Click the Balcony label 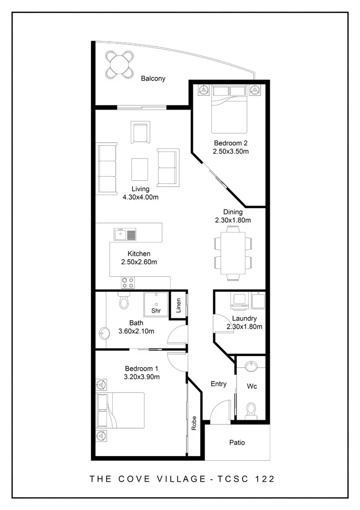(x=153, y=79)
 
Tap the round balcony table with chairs (x=119, y=64)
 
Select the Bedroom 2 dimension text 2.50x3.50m (x=231, y=152)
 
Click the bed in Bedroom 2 (x=229, y=110)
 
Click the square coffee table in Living (x=139, y=168)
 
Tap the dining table (x=233, y=253)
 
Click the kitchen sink (x=125, y=234)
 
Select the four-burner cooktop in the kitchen (x=127, y=282)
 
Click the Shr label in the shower (x=156, y=311)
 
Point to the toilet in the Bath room (x=124, y=301)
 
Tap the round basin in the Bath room (x=104, y=332)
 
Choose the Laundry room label (x=244, y=318)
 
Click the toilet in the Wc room (x=251, y=409)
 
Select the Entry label (x=218, y=384)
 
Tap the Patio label (x=237, y=443)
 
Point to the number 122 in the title (x=264, y=478)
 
